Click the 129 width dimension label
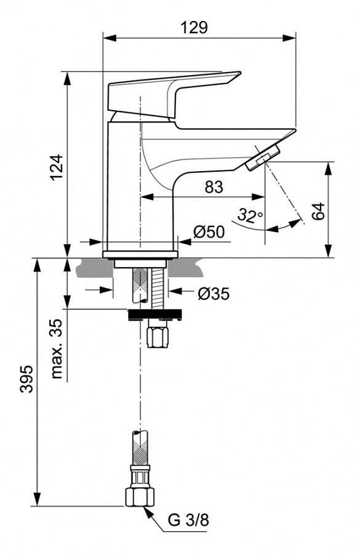[x=194, y=27]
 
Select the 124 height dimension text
[x=57, y=167]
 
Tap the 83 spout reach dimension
[x=214, y=187]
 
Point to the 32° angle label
[x=250, y=216]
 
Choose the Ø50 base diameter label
[x=209, y=231]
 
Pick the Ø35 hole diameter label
[x=213, y=294]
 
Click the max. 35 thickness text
[x=57, y=349]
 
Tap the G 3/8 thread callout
[x=188, y=520]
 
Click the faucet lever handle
[x=172, y=92]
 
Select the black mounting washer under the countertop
[x=154, y=315]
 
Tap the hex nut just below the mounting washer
[x=158, y=337]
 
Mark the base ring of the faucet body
[x=140, y=254]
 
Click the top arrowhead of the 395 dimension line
[x=38, y=263]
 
